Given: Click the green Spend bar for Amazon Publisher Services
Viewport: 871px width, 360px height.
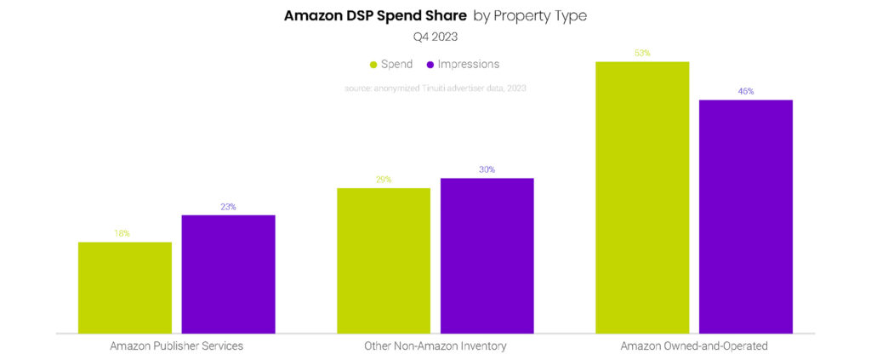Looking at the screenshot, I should pyautogui.click(x=125, y=288).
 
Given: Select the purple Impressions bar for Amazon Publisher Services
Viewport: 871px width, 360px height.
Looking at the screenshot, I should pyautogui.click(x=228, y=274).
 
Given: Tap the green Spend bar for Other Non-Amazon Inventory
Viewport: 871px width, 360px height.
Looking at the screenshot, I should pyautogui.click(x=384, y=260).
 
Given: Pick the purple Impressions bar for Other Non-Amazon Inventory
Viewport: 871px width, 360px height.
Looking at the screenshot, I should pyautogui.click(x=487, y=255).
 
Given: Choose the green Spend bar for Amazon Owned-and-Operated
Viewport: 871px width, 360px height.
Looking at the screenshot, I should pyautogui.click(x=642, y=197).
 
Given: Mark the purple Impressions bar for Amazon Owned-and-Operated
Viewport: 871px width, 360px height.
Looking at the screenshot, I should pyautogui.click(x=746, y=216).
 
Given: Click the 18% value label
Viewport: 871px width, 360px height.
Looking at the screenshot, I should pyautogui.click(x=122, y=234).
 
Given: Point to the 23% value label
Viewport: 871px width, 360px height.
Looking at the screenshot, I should pyautogui.click(x=228, y=207).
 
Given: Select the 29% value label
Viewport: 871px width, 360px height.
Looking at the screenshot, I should pyautogui.click(x=383, y=180).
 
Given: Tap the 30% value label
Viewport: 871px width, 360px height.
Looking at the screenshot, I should pyautogui.click(x=487, y=169).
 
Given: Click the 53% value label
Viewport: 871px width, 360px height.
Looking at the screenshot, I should pyautogui.click(x=641, y=53).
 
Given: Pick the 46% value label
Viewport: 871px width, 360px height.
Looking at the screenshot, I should pyautogui.click(x=746, y=91).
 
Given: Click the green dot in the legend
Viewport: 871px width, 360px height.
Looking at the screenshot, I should pyautogui.click(x=373, y=65).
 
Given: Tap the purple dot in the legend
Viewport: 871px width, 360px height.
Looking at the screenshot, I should pyautogui.click(x=430, y=65).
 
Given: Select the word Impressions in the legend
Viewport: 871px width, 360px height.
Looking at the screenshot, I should pyautogui.click(x=469, y=65).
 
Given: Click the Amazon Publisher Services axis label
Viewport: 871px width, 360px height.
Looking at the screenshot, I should pyautogui.click(x=176, y=346).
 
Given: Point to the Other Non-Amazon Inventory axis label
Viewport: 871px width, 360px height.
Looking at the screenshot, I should pyautogui.click(x=435, y=346).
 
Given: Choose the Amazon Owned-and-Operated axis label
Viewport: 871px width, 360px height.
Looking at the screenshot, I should pyautogui.click(x=694, y=346).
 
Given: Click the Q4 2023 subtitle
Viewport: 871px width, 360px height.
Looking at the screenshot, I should pyautogui.click(x=435, y=37).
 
